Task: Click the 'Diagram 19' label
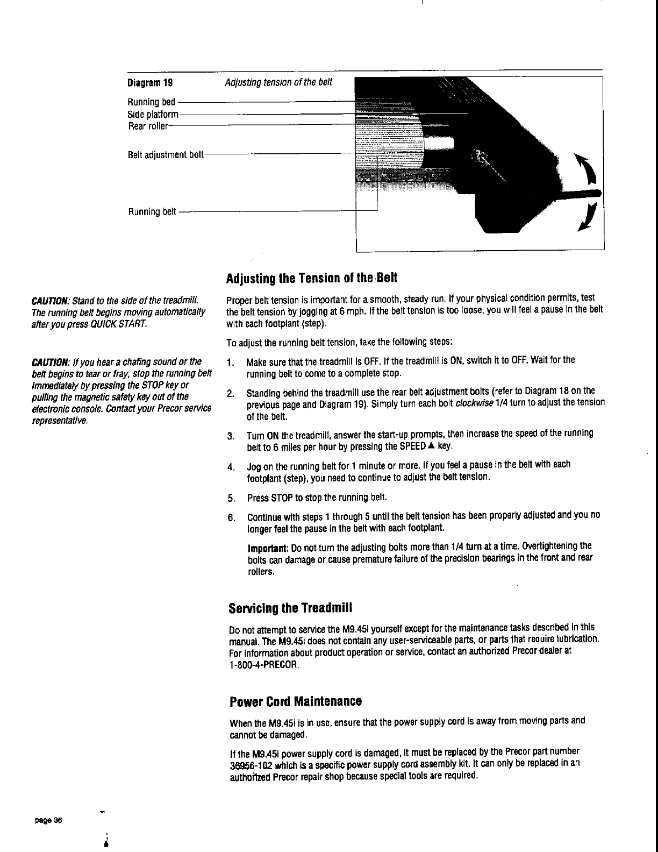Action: click(150, 83)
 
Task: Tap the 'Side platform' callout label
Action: click(153, 115)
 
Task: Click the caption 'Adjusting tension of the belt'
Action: click(278, 82)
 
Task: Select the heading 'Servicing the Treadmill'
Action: click(290, 608)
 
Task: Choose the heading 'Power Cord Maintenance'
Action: click(295, 702)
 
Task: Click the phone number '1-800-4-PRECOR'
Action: click(263, 664)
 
